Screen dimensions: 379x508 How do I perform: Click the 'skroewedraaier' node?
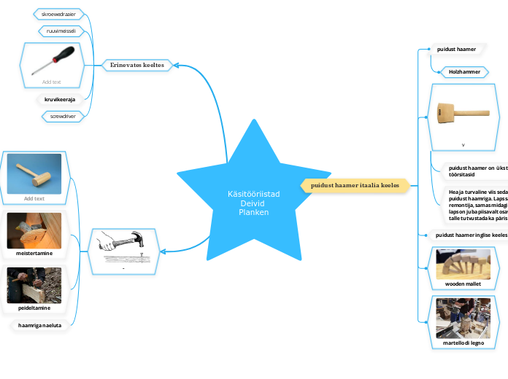point(63,14)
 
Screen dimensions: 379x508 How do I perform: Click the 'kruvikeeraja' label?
point(64,99)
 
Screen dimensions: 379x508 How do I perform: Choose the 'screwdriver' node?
point(64,116)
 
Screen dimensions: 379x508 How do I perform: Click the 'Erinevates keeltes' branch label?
point(136,65)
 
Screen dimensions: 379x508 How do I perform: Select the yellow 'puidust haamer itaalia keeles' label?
point(355,186)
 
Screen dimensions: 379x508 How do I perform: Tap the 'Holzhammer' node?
point(463,72)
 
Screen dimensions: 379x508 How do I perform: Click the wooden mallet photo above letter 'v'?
point(463,114)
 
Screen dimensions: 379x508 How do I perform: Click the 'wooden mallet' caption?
point(463,283)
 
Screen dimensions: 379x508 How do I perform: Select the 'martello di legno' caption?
point(463,342)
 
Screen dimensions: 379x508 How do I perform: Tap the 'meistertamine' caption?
point(34,253)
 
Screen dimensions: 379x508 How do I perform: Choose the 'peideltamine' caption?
point(34,308)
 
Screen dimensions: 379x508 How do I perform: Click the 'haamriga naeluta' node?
point(39,327)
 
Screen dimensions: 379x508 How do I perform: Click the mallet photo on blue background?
point(34,173)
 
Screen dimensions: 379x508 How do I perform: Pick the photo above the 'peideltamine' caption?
point(34,284)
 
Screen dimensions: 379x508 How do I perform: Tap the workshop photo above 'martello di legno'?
point(463,317)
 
